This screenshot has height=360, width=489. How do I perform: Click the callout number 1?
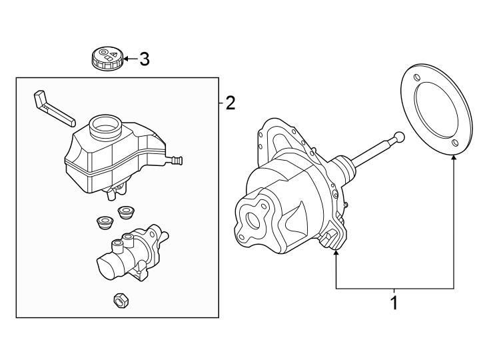(394, 303)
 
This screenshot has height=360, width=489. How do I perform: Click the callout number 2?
(230, 103)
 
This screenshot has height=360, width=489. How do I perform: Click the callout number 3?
(143, 59)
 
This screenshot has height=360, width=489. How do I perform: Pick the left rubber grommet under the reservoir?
(104, 221)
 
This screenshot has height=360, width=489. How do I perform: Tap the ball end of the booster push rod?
(399, 137)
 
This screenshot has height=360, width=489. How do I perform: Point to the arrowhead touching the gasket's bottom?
(454, 158)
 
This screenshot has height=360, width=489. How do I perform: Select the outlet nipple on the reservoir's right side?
(177, 160)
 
